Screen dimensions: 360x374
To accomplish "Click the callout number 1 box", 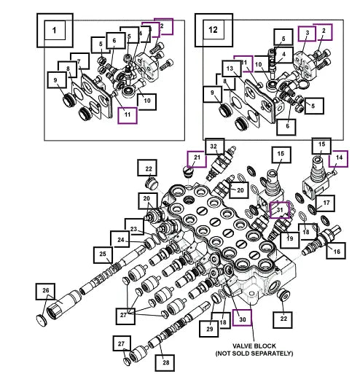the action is click(55, 31).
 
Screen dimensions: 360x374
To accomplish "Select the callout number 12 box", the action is click(214, 30).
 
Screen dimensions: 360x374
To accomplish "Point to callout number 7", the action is click(79, 61).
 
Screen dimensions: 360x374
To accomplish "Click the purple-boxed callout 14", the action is click(338, 159).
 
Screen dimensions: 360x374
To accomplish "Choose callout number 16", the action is click(336, 251).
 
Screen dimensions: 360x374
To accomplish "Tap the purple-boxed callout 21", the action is click(197, 159).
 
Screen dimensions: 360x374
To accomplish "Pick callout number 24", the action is click(120, 239).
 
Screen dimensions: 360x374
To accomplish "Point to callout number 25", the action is click(103, 255).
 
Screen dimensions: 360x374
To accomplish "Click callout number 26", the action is click(45, 292).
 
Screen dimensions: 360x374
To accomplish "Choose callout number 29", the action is click(209, 329).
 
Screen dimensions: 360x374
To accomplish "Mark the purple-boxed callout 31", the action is click(280, 210).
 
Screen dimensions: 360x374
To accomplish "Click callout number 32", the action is click(215, 147).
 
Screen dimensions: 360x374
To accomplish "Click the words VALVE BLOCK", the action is click(254, 346).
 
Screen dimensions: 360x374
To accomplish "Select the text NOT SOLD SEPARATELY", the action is click(254, 353).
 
